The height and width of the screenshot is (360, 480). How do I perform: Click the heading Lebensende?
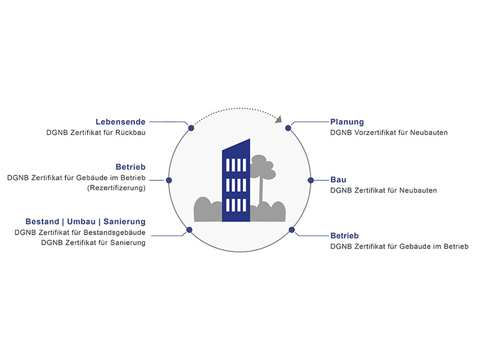tap(121, 122)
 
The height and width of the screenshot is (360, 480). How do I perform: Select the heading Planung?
tap(347, 122)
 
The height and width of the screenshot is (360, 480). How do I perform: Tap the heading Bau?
tap(338, 179)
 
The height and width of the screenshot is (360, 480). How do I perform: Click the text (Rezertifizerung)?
tap(116, 188)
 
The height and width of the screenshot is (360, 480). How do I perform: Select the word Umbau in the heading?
tap(81, 221)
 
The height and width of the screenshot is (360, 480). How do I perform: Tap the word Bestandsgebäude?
tap(115, 233)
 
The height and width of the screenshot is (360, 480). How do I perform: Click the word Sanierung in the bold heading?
tap(124, 221)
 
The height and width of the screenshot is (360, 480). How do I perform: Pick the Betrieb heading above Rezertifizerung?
tap(130, 167)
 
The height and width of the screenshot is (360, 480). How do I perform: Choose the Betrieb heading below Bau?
tap(344, 236)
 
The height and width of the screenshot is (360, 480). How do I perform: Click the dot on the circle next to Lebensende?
tap(191, 128)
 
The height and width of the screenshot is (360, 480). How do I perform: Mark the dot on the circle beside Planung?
tap(288, 128)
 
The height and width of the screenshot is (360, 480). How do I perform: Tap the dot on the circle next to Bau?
tap(311, 181)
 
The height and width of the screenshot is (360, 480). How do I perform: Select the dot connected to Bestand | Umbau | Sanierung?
tap(189, 230)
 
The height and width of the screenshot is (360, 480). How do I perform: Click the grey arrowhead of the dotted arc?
tap(278, 119)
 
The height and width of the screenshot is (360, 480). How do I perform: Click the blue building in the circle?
tap(236, 181)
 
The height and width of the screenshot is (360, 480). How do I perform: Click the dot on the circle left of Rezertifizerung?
tap(169, 181)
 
